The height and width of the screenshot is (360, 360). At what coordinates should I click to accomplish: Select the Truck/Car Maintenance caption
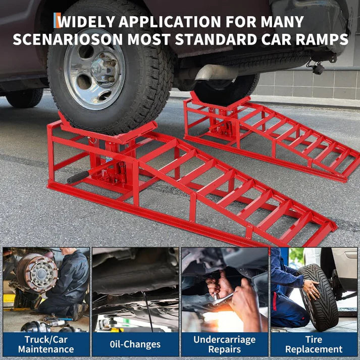coord(46,343)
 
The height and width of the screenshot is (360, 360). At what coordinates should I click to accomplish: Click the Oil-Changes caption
coord(135,344)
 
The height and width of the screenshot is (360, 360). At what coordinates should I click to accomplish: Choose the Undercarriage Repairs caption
coord(225,343)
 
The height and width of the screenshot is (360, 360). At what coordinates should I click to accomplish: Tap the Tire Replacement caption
coord(314,343)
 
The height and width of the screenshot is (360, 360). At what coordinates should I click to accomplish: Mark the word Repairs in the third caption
coord(224,349)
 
